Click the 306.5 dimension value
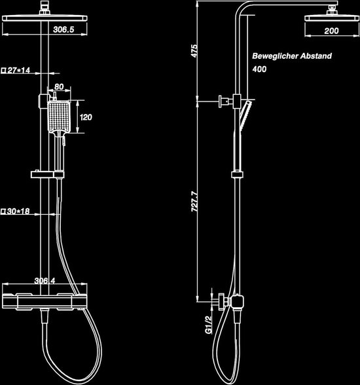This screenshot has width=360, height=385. click(63, 29)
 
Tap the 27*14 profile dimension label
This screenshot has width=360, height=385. click(16, 71)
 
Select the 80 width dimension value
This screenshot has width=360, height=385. click(59, 86)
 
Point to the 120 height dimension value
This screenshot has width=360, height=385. click(86, 117)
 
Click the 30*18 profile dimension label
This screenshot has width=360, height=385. click(15, 211)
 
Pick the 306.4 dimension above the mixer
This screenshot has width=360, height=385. click(45, 281)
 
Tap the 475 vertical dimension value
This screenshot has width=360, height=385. click(194, 51)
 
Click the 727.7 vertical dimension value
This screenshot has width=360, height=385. click(194, 202)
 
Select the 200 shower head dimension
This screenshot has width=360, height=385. click(331, 31)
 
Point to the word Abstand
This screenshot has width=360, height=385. click(316, 56)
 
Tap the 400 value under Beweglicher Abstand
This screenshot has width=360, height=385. click(259, 69)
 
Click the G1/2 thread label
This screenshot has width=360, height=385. click(208, 325)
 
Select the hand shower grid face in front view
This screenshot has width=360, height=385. click(59, 117)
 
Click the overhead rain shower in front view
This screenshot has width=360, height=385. click(45, 18)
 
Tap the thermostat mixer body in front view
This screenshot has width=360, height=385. click(45, 301)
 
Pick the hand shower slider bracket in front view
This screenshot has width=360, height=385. click(47, 175)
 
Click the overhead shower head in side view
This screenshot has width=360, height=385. click(332, 18)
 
